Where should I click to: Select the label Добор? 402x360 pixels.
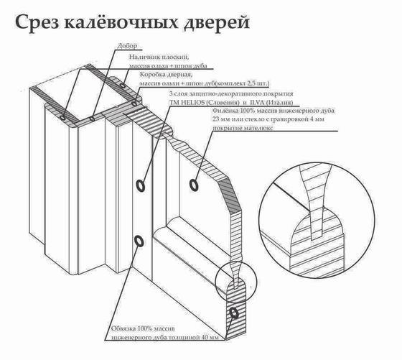click(x=124, y=47)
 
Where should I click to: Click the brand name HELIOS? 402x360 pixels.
click(x=192, y=103)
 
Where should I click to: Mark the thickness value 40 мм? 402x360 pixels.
click(x=213, y=337)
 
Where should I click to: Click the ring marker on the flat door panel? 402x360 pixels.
click(x=194, y=185)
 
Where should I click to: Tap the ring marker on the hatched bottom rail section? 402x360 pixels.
click(x=234, y=314)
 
